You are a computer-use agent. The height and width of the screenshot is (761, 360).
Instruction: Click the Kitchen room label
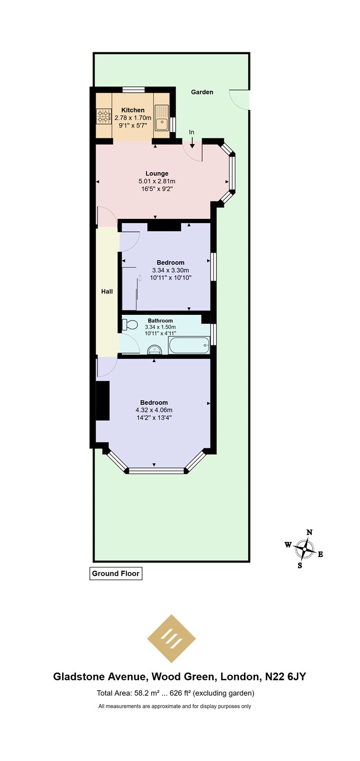pyautogui.click(x=133, y=110)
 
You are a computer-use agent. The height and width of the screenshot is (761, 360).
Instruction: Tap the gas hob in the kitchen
pyautogui.click(x=104, y=116)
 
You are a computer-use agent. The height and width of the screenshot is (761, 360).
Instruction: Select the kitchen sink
pyautogui.click(x=162, y=117)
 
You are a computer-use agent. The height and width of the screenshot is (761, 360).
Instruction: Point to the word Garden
pyautogui.click(x=202, y=92)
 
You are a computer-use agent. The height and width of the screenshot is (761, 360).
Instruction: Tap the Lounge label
pyautogui.click(x=157, y=174)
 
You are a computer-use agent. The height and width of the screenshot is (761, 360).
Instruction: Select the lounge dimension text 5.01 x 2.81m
pyautogui.click(x=157, y=181)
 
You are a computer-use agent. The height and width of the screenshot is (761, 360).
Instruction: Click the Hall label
pyautogui.click(x=107, y=292)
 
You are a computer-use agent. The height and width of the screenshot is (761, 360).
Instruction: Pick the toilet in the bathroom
pyautogui.click(x=129, y=324)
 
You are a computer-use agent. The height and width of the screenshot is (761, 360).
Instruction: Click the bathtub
pyautogui.click(x=189, y=345)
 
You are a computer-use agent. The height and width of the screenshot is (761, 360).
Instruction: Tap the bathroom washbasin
pyautogui.click(x=155, y=350)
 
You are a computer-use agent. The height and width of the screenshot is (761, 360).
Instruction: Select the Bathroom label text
pyautogui.click(x=160, y=321)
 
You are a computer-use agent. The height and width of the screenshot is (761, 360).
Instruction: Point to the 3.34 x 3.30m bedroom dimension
pyautogui.click(x=171, y=271)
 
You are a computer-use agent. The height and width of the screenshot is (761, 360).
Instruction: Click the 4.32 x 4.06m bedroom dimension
pyautogui.click(x=154, y=410)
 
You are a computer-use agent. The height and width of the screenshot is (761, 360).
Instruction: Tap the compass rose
pyautogui.click(x=305, y=549)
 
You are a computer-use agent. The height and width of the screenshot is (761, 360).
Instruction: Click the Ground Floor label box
pyautogui.click(x=116, y=574)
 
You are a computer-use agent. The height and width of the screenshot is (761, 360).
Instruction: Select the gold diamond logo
pyautogui.click(x=172, y=639)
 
